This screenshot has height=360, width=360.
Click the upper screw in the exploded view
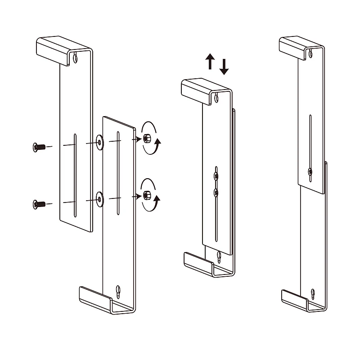click(x=39, y=147)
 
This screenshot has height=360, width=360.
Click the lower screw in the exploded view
click(x=39, y=204)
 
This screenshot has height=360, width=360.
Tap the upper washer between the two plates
click(x=99, y=142)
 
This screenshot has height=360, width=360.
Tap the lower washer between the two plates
click(x=99, y=198)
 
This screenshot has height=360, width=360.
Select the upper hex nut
click(x=147, y=138)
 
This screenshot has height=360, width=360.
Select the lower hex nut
click(x=147, y=195)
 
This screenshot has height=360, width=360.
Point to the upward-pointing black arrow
click(x=210, y=61)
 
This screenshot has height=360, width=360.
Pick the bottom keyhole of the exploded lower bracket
click(x=118, y=291)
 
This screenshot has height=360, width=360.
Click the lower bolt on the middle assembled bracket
click(x=216, y=192)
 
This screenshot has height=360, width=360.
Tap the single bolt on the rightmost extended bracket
click(x=310, y=171)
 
